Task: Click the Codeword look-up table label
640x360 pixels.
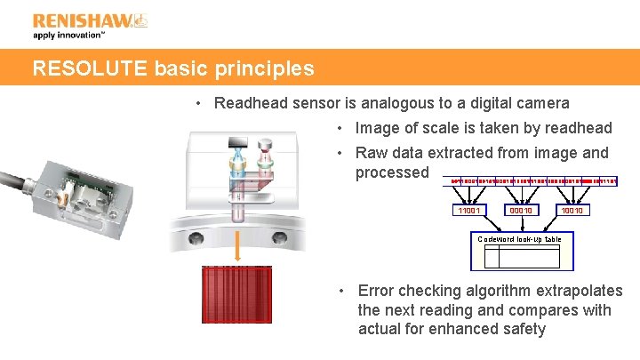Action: point(519,239)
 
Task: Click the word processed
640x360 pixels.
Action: point(392,172)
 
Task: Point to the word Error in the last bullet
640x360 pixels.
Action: point(377,291)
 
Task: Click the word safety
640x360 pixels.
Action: point(524,330)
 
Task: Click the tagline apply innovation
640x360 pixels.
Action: point(68,36)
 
